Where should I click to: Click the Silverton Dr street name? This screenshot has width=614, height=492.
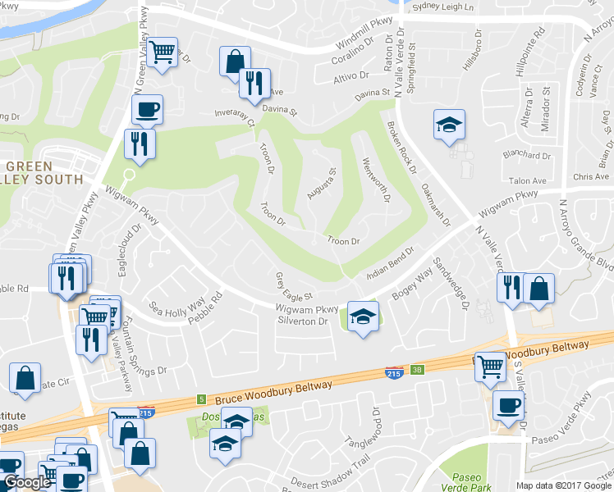click(x=303, y=321)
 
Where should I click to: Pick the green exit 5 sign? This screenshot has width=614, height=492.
click(x=201, y=399)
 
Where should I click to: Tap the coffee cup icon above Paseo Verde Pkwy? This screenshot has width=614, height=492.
click(x=508, y=405)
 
